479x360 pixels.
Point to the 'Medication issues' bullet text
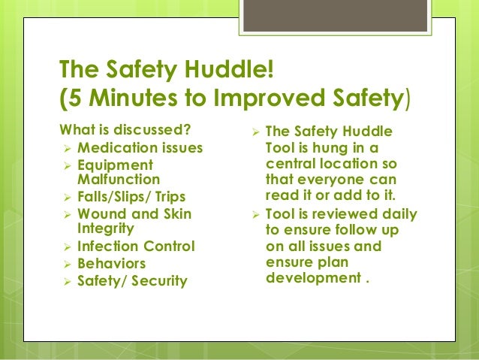point(140,148)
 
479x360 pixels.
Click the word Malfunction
point(118,180)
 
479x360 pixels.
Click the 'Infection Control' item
point(135,247)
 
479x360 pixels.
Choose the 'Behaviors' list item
point(111,264)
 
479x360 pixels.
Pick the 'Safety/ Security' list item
point(131,282)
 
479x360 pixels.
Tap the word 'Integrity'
point(105,228)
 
